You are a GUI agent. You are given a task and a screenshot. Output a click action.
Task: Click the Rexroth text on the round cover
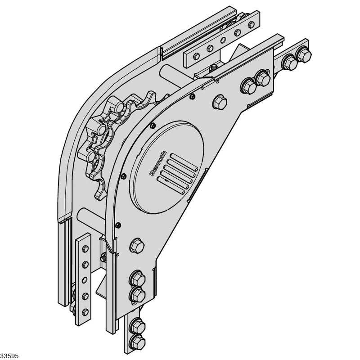click(158, 163)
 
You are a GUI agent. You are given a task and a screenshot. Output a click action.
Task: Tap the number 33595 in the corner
click(9, 356)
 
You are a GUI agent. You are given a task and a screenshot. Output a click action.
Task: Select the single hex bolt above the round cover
click(220, 102)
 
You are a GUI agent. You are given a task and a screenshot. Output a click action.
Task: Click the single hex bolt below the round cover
click(137, 246)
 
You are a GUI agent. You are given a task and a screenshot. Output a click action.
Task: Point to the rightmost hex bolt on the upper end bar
click(303, 54)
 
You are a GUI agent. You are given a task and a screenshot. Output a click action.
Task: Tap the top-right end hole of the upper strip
click(252, 24)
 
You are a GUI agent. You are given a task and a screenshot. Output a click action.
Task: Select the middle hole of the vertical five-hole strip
click(85, 279)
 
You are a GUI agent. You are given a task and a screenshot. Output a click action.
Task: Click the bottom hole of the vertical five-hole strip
click(85, 311)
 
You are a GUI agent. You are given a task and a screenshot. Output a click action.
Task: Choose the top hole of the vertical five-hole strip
click(85, 249)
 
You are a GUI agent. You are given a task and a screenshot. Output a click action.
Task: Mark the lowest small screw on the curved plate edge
click(118, 224)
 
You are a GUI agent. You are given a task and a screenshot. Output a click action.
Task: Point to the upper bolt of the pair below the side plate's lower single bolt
click(137, 279)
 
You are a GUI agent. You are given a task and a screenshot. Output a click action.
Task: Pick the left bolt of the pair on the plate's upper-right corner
click(248, 86)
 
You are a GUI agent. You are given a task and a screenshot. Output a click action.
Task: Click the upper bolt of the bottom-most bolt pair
click(137, 326)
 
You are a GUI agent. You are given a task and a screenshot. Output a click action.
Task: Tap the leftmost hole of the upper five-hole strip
click(197, 56)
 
